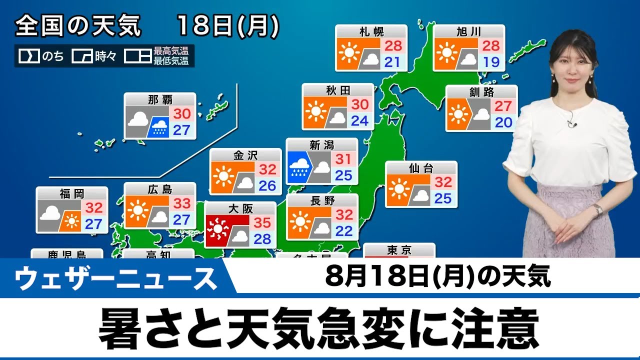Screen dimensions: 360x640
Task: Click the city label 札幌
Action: tap(371, 32)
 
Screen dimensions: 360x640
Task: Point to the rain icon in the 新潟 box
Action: tap(299, 167)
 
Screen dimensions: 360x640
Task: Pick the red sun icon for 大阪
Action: tap(218, 230)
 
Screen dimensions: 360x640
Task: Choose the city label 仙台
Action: tap(421, 168)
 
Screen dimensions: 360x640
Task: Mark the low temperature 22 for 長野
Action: tap(344, 231)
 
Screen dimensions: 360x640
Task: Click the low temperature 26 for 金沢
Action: tap(267, 186)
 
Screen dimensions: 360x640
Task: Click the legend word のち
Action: tap(52, 56)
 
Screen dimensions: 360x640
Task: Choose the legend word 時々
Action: tap(105, 56)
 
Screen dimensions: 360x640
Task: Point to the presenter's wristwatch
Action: tap(597, 209)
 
